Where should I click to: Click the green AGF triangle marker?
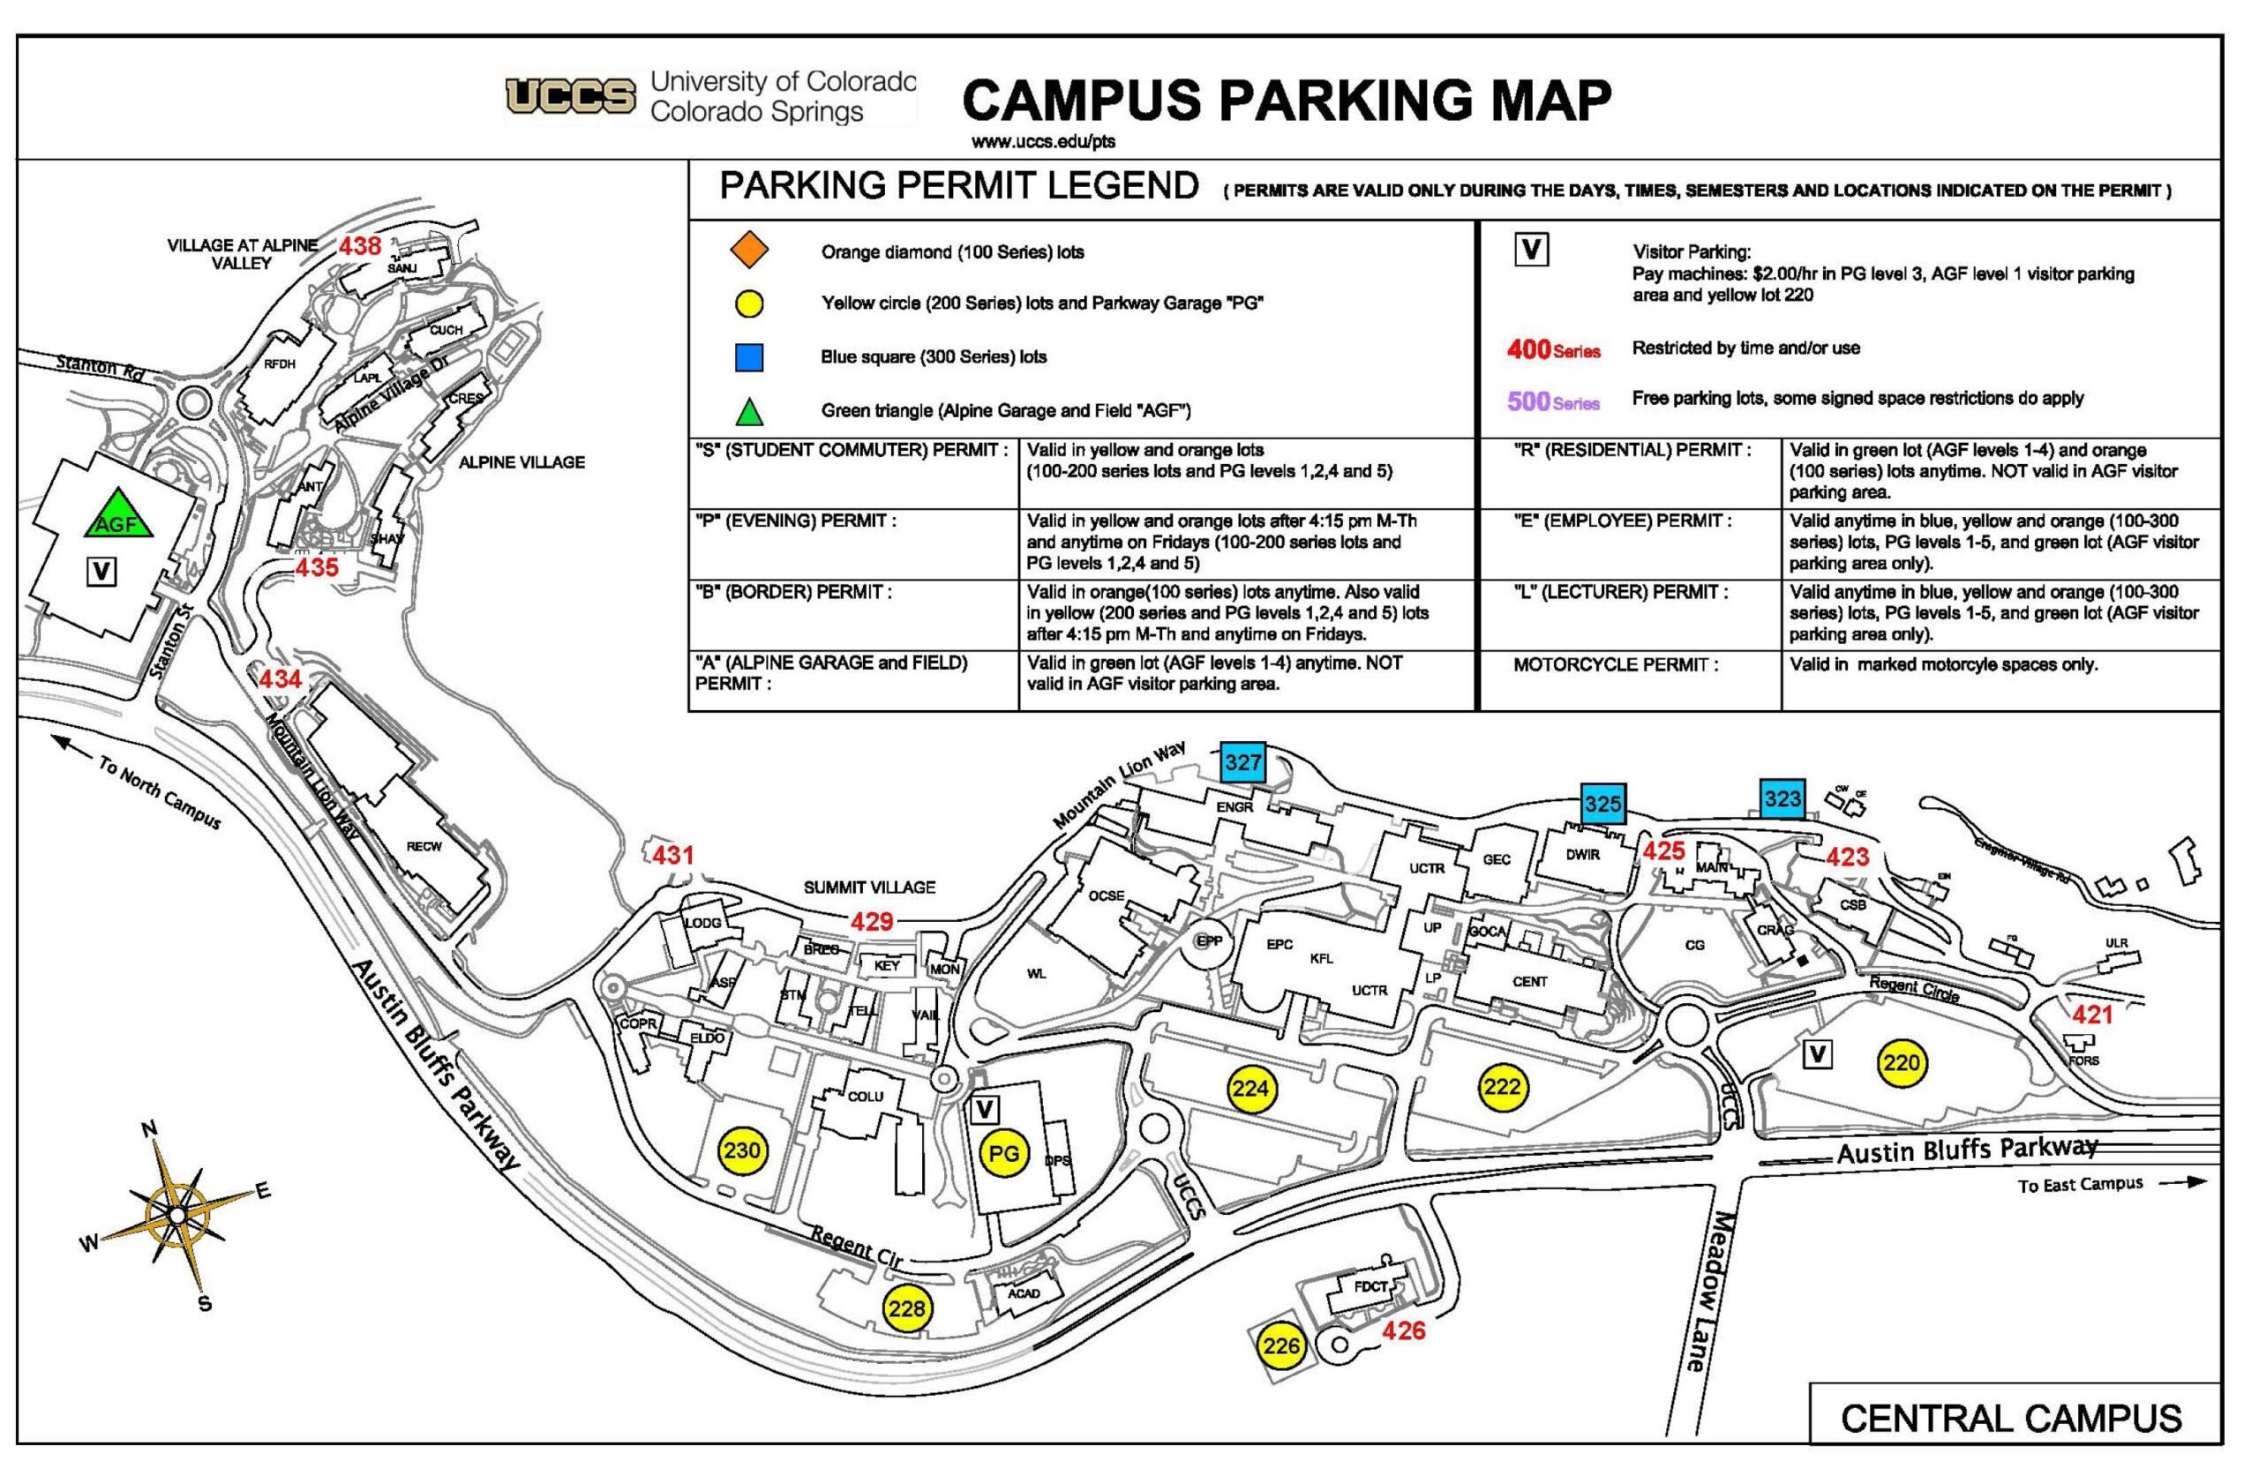point(117,518)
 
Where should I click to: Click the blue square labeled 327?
point(1242,761)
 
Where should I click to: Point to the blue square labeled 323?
point(1782,798)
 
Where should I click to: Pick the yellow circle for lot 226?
point(1280,1345)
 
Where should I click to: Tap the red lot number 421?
point(2091,1015)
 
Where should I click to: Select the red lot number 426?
point(1403,1331)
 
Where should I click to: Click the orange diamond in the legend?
point(748,251)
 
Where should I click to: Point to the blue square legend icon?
point(748,357)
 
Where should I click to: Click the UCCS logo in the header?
point(570,97)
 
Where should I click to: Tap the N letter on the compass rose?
point(149,1129)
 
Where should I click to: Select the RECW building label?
point(424,846)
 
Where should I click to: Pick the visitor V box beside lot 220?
point(1816,1054)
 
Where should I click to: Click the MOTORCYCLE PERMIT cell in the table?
point(1615,665)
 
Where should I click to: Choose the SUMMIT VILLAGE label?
point(869,887)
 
